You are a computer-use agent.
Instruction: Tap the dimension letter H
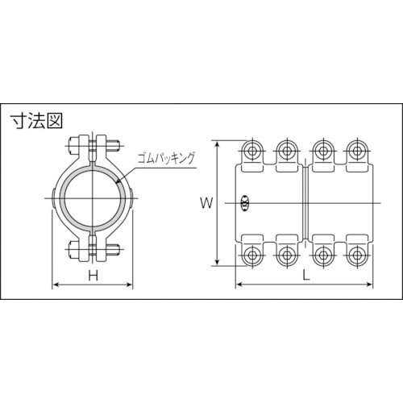[x=93, y=276]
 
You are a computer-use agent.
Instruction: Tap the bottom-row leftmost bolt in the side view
[x=251, y=254]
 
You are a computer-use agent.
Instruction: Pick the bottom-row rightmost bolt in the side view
[x=355, y=254]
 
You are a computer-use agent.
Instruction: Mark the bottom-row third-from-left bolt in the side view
[x=322, y=254]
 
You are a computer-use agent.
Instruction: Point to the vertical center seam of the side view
[x=304, y=203]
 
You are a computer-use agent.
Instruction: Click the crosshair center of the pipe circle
[x=93, y=198]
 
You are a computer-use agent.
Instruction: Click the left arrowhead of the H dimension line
[x=54, y=286]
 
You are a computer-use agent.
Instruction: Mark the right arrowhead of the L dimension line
[x=372, y=286]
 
